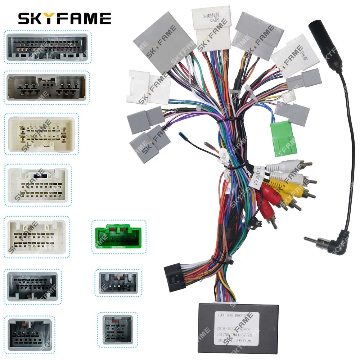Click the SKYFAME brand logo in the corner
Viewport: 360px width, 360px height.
65,18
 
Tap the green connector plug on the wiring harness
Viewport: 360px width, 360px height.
283,138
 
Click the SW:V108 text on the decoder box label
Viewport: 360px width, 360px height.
248,341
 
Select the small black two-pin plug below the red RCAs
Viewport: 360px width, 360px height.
254,222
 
